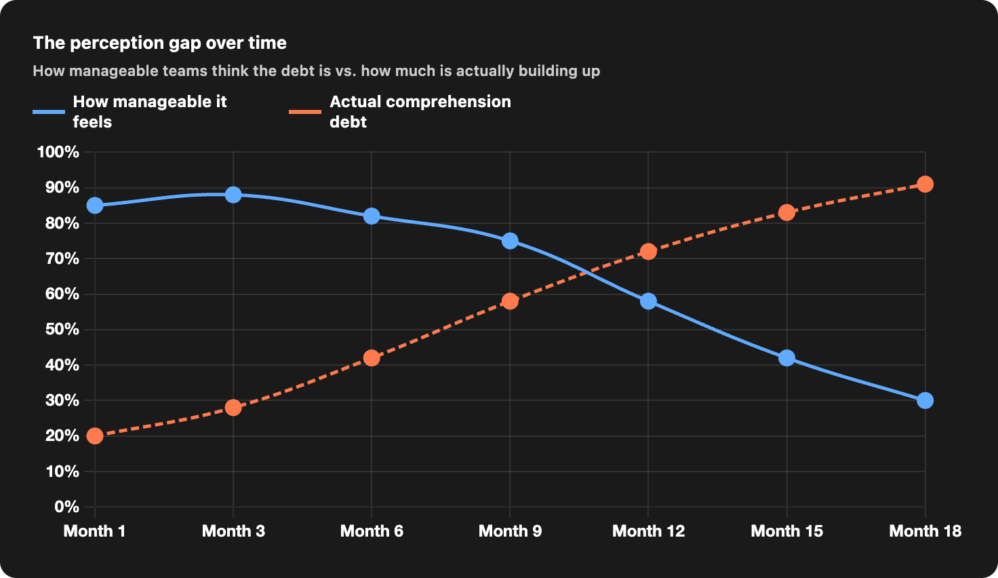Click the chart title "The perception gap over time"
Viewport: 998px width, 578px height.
click(x=159, y=43)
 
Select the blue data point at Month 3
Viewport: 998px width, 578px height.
click(x=233, y=195)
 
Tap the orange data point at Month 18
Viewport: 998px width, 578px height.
click(x=925, y=184)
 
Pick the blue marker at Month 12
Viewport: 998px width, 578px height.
click(x=648, y=301)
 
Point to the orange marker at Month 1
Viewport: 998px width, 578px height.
click(x=95, y=436)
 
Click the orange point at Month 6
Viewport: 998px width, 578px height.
click(x=372, y=358)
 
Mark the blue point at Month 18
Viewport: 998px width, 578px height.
click(x=925, y=401)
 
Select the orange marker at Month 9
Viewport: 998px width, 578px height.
click(x=510, y=301)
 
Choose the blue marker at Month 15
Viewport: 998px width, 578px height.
click(x=787, y=358)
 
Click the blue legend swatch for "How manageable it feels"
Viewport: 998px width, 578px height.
click(x=49, y=111)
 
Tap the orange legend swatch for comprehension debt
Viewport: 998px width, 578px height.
click(x=305, y=111)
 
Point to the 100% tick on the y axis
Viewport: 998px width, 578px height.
click(x=58, y=152)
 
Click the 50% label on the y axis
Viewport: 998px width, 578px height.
click(x=62, y=329)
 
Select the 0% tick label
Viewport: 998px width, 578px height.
click(x=67, y=507)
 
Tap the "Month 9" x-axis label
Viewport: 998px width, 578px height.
click(x=510, y=531)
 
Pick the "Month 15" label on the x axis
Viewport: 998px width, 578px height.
click(x=787, y=531)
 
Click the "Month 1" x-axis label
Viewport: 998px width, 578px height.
click(x=94, y=531)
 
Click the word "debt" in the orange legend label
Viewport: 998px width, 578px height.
click(x=348, y=121)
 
